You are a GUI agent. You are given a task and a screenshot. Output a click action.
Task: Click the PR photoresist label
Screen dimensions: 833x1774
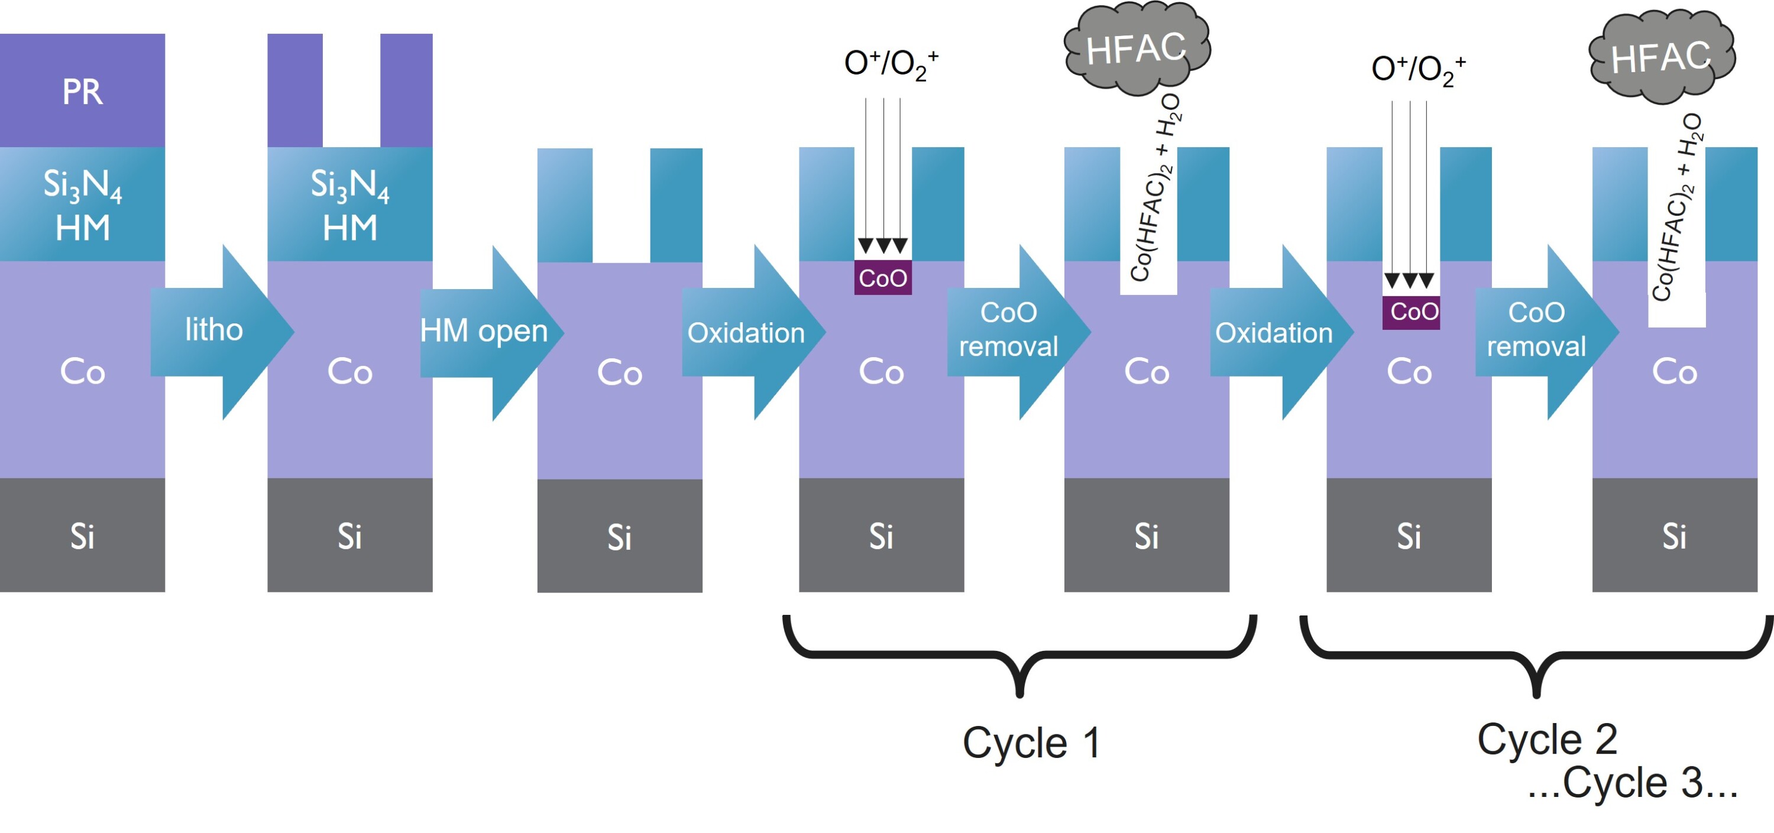82,92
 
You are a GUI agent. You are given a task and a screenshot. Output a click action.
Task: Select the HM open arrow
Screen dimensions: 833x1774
485,332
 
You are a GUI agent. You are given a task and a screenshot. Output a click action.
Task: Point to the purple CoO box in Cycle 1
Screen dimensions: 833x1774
883,278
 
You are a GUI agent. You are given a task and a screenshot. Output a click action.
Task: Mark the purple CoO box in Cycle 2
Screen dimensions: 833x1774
1411,312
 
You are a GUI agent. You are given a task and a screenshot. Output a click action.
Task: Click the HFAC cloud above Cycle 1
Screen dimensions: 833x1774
1137,48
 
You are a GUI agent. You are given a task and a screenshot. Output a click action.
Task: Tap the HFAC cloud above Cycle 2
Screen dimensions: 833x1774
1661,56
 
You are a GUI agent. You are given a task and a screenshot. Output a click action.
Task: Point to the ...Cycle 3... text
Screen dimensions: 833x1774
1632,783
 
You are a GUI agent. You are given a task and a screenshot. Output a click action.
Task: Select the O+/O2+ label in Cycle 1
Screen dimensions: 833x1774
891,64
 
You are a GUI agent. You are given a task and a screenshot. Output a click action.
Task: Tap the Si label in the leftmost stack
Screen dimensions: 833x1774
82,536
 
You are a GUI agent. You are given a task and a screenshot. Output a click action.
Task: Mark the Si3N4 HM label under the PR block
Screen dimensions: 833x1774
82,205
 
